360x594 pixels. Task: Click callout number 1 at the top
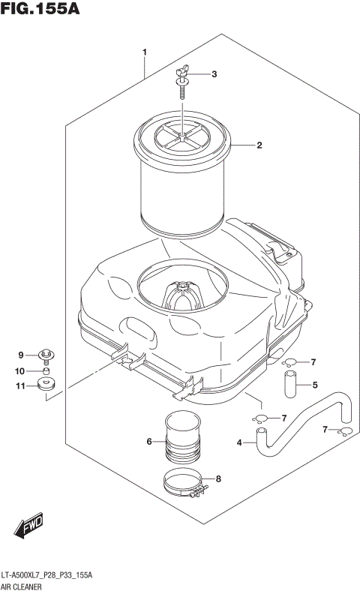(x=144, y=52)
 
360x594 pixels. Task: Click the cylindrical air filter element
(x=182, y=180)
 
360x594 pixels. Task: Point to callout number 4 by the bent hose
(x=239, y=443)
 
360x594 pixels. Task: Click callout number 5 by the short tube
(x=315, y=385)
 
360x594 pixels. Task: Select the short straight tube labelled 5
(x=289, y=383)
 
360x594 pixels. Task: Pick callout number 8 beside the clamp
(x=218, y=478)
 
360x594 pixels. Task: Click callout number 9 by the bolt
(x=22, y=355)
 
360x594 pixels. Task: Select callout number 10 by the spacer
(x=20, y=370)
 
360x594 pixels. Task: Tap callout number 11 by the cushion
(x=20, y=386)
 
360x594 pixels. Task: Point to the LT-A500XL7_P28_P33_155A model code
(x=47, y=574)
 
